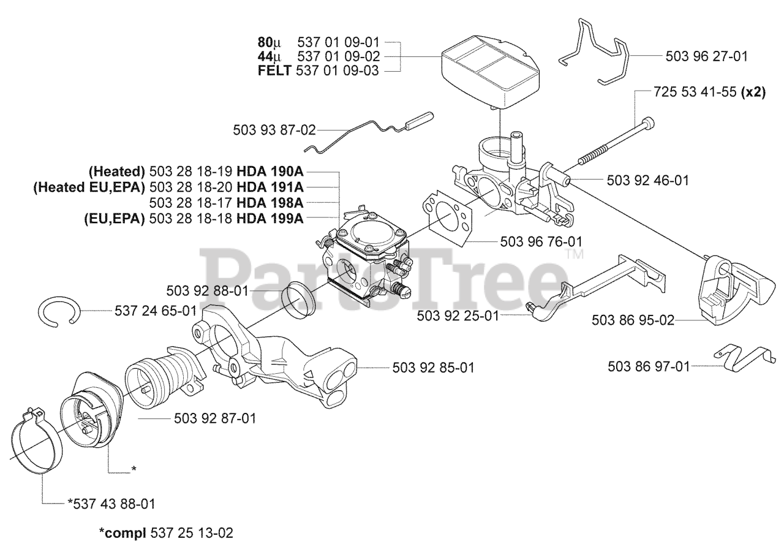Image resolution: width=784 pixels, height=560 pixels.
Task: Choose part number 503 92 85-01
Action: pos(432,368)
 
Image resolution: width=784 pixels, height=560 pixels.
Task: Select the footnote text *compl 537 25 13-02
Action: pos(165,533)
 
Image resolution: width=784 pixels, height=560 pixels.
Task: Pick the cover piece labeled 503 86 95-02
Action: pos(732,288)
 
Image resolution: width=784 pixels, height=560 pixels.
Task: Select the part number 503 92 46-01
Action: pos(647,180)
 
